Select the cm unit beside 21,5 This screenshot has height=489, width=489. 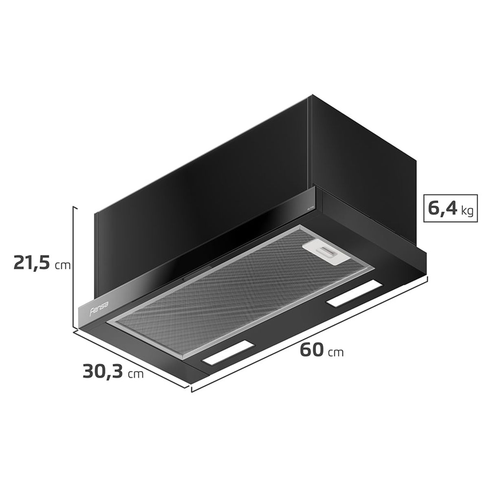(x=63, y=265)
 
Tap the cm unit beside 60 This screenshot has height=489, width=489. (x=336, y=352)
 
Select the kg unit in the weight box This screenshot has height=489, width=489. (x=467, y=211)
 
